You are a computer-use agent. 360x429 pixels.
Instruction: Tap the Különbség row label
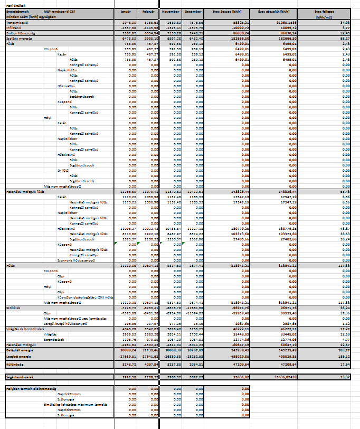pos(14,364)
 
